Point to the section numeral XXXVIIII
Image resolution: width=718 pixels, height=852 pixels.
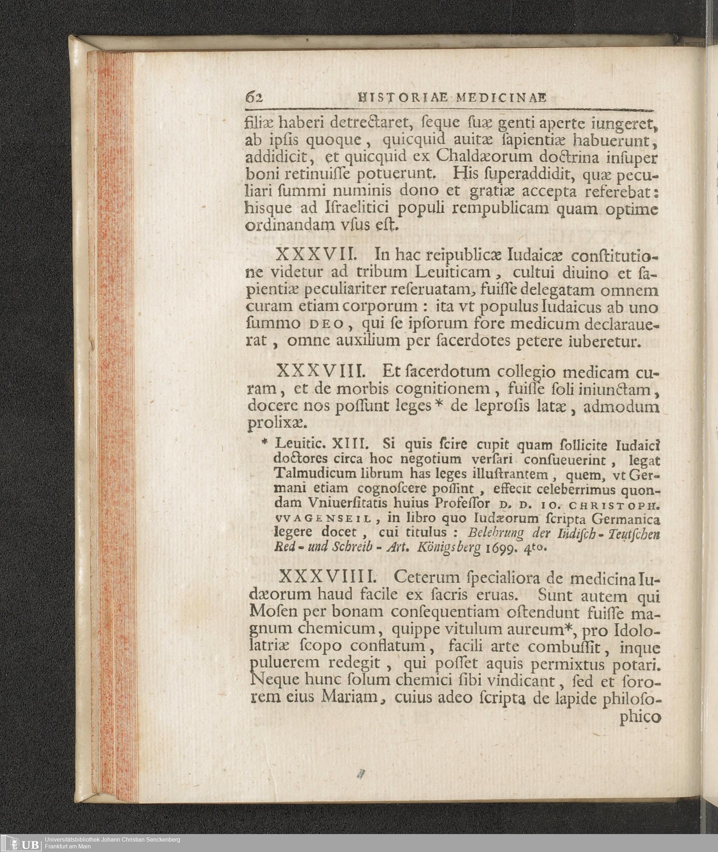tap(328, 577)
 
